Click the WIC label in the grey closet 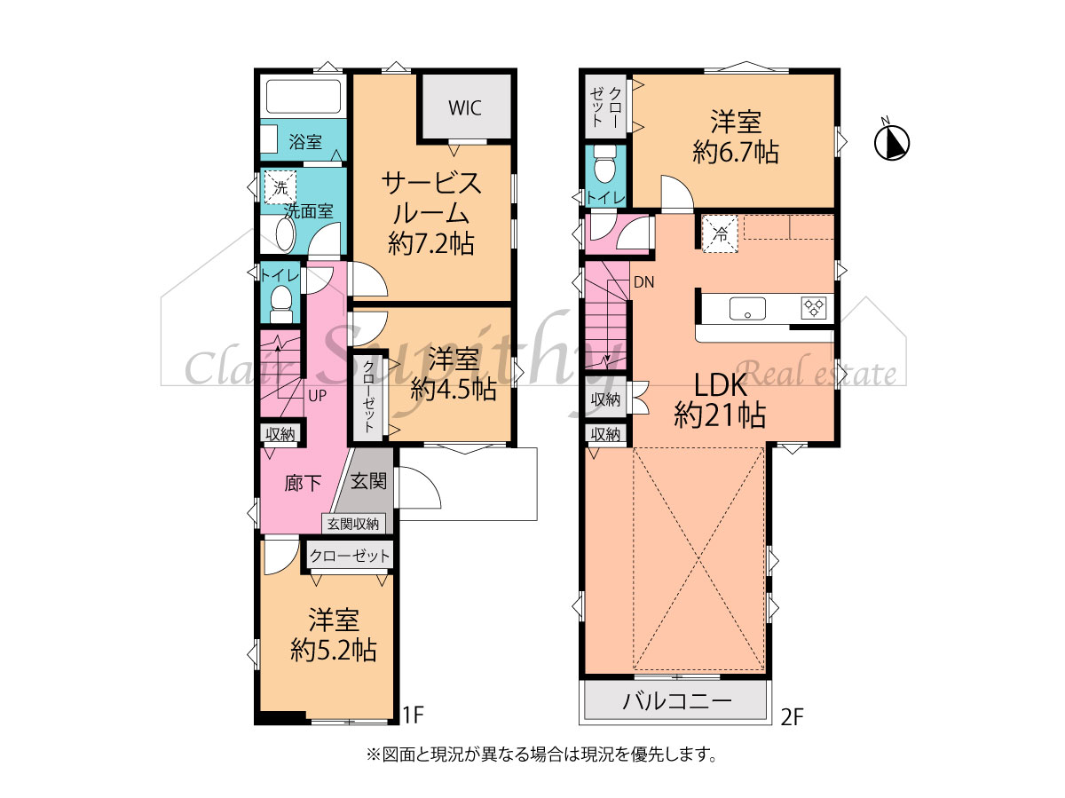coord(464,107)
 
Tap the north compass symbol coord(892,142)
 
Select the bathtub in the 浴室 coord(303,97)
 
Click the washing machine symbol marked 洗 coord(280,186)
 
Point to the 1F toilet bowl coord(280,302)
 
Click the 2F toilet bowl coord(604,162)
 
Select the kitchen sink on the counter coord(747,309)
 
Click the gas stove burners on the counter coord(815,308)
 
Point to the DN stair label coord(643,282)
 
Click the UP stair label coord(318,396)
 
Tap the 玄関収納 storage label coord(352,524)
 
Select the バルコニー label coord(677,701)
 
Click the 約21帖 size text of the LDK coord(720,415)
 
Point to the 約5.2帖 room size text coord(334,650)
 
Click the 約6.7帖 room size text coord(736,152)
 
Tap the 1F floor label coord(414,715)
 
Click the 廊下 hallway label coord(303,483)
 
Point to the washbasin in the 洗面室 coord(285,234)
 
